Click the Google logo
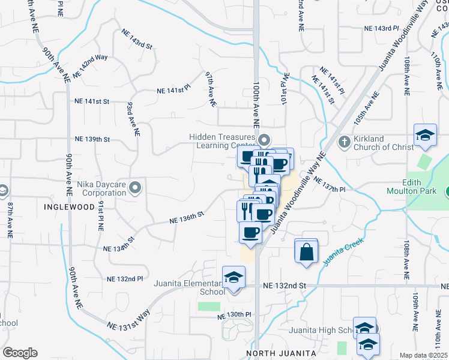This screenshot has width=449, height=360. point(19,353)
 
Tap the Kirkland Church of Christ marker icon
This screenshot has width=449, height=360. point(344,142)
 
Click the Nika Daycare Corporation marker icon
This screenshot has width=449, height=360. point(135,188)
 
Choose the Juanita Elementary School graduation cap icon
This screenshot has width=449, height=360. point(234,278)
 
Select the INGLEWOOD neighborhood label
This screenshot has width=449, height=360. point(70,206)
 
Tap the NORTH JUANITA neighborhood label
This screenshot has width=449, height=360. point(280,354)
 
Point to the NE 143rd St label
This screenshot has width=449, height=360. point(137,39)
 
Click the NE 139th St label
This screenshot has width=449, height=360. point(92,139)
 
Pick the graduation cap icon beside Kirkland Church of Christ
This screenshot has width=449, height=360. point(424,135)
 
